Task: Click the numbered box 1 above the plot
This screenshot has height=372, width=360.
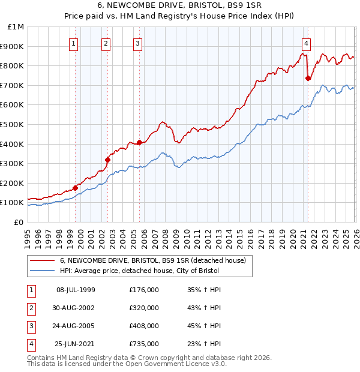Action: point(73,43)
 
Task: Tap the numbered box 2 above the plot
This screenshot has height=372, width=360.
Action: point(106,43)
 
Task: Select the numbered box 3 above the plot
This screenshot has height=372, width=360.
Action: point(137,43)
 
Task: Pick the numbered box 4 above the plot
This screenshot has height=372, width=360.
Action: point(306,43)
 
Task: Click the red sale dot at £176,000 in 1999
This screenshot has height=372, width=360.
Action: point(76,188)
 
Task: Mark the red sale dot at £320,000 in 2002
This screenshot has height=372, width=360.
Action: point(108,160)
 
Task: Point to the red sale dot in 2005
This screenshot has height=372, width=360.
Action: point(140,143)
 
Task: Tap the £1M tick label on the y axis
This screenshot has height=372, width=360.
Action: point(16,27)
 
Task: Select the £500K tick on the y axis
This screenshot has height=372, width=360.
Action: point(13,124)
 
